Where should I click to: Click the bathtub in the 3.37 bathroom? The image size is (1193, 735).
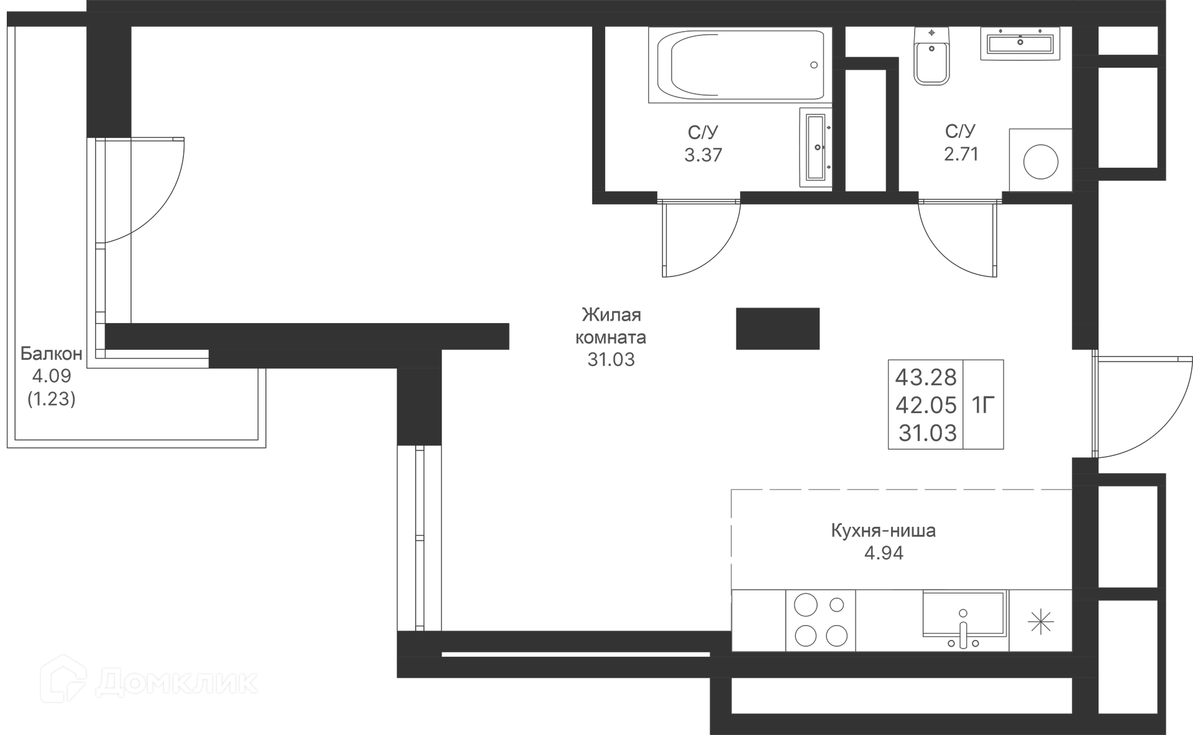739,65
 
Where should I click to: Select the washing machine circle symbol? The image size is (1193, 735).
1040,161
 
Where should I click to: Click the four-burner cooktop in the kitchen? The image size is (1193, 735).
820,620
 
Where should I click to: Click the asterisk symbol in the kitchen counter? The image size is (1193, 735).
1040,621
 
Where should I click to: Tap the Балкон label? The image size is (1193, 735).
51,354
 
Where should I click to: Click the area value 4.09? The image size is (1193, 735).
52,376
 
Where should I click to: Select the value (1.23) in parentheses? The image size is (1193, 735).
52,398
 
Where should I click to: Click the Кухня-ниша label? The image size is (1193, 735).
883,531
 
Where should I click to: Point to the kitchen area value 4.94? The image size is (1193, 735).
884,553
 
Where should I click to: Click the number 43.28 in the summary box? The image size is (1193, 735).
926,377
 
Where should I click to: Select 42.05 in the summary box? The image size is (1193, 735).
926,405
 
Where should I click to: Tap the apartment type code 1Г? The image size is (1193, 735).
983,405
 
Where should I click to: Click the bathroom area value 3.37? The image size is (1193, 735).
703,155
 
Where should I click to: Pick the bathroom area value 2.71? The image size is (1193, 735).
961,153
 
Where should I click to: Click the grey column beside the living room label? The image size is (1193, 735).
777,329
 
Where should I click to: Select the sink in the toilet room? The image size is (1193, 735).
1020,43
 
